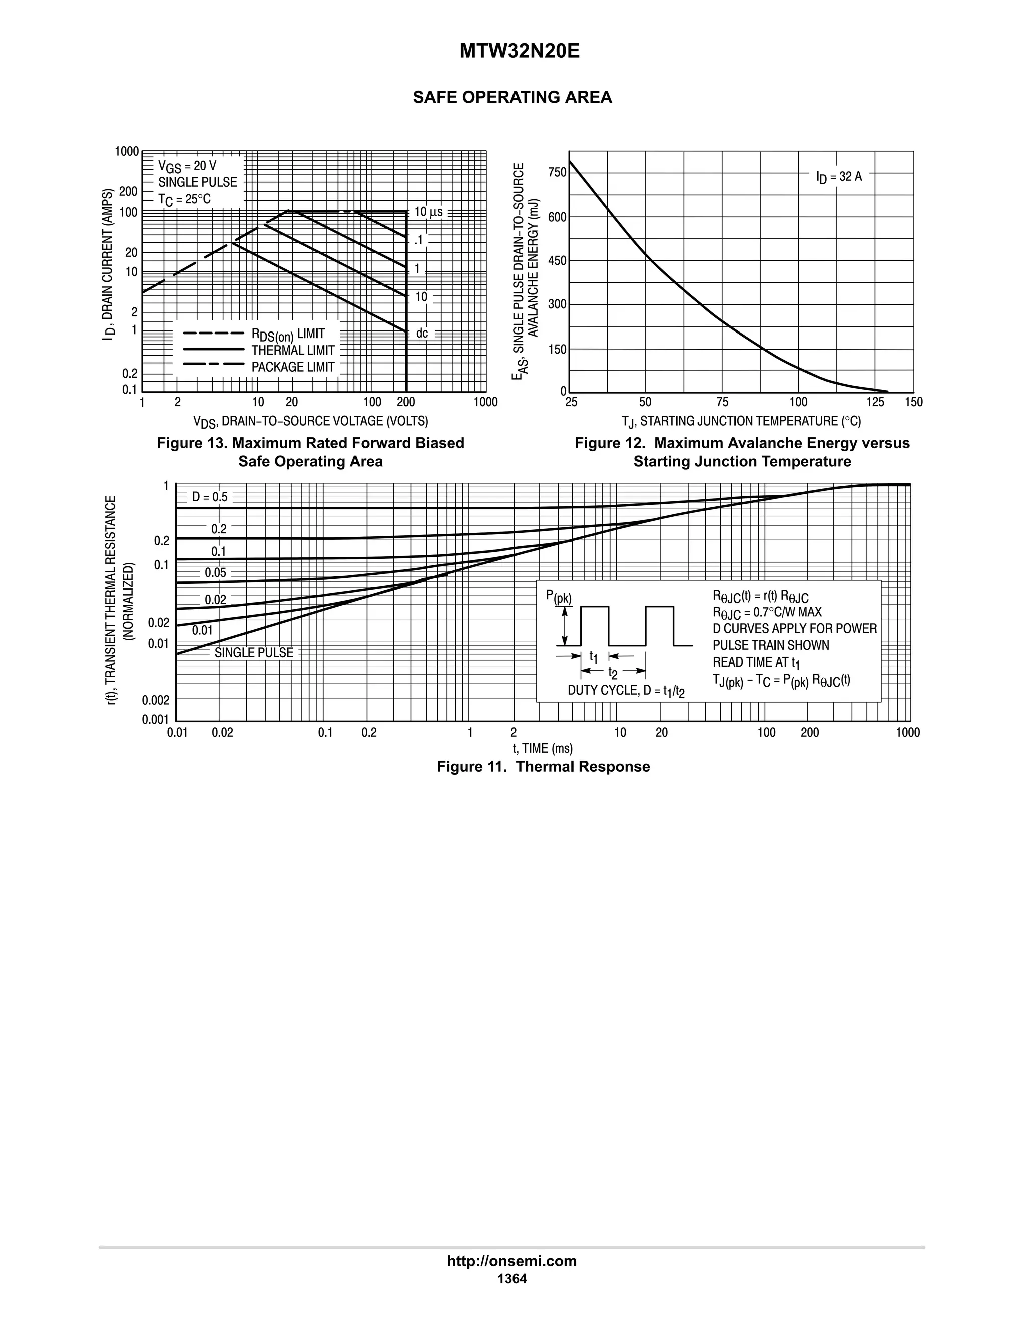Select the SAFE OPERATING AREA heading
pos(512,97)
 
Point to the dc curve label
pos(422,333)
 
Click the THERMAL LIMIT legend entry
pos(293,350)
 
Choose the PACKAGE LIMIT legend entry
pos(293,367)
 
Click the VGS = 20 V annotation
pos(187,165)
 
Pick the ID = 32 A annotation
pos(839,177)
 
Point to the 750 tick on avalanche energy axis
pos(557,173)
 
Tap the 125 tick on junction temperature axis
pos(875,402)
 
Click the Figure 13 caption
pos(310,452)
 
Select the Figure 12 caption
pos(742,452)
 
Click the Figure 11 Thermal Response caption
pos(544,766)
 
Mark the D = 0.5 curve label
pos(210,497)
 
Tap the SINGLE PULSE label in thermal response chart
pos(254,652)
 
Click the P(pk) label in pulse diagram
pos(558,597)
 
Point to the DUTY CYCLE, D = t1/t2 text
pos(626,691)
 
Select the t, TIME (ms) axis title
pos(542,749)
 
